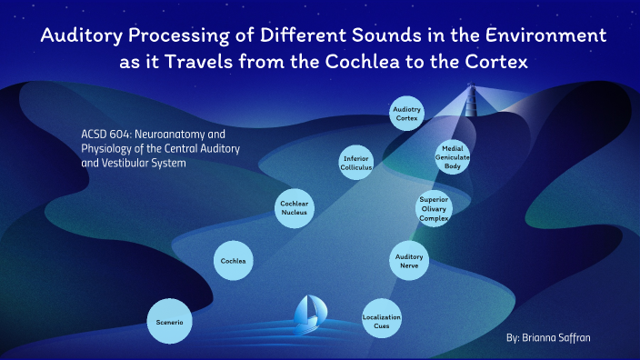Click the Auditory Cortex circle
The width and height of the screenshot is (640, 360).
click(x=406, y=114)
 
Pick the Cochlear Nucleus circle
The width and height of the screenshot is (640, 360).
click(x=296, y=209)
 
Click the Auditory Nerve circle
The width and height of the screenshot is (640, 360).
click(x=408, y=262)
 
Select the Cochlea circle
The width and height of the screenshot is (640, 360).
click(x=233, y=262)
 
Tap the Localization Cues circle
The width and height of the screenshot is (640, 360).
click(x=381, y=319)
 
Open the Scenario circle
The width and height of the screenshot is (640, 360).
click(x=172, y=321)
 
